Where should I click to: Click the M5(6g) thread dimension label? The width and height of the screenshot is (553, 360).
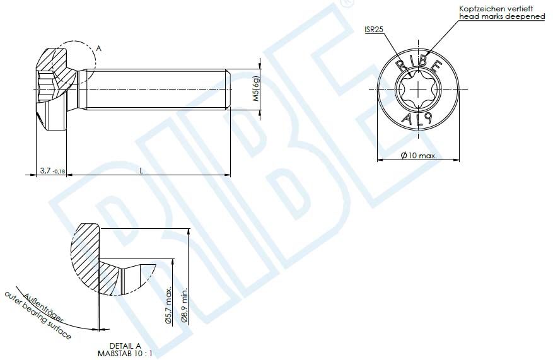click(x=255, y=90)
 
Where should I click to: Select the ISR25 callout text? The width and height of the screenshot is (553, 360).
click(x=375, y=30)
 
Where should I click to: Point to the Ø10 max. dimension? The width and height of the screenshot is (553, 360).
click(x=419, y=155)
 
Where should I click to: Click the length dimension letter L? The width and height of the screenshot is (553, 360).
click(x=141, y=170)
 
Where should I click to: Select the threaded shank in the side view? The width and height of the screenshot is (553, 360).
click(x=154, y=90)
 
